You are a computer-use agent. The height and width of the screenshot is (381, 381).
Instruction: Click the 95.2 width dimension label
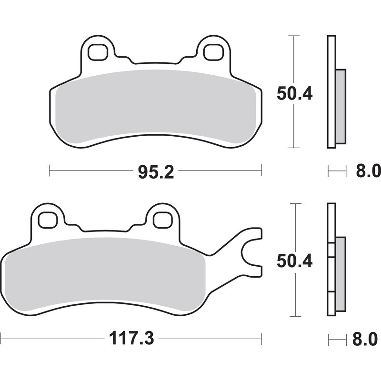(x=156, y=170)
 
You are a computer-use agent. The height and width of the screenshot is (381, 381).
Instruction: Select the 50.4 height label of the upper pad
(x=294, y=94)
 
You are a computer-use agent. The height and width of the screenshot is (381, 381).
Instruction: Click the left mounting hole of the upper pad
(x=98, y=52)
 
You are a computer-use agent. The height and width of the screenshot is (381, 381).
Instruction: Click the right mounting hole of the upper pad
(x=212, y=52)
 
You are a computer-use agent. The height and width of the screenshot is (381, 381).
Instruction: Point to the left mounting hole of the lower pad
(x=47, y=220)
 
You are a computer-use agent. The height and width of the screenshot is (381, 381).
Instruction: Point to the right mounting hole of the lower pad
(x=162, y=220)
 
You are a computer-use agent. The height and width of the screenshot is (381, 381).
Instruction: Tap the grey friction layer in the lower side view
(x=341, y=274)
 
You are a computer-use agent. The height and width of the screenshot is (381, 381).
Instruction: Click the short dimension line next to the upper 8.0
(x=337, y=170)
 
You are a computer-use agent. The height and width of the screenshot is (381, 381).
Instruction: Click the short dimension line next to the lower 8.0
(x=337, y=339)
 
